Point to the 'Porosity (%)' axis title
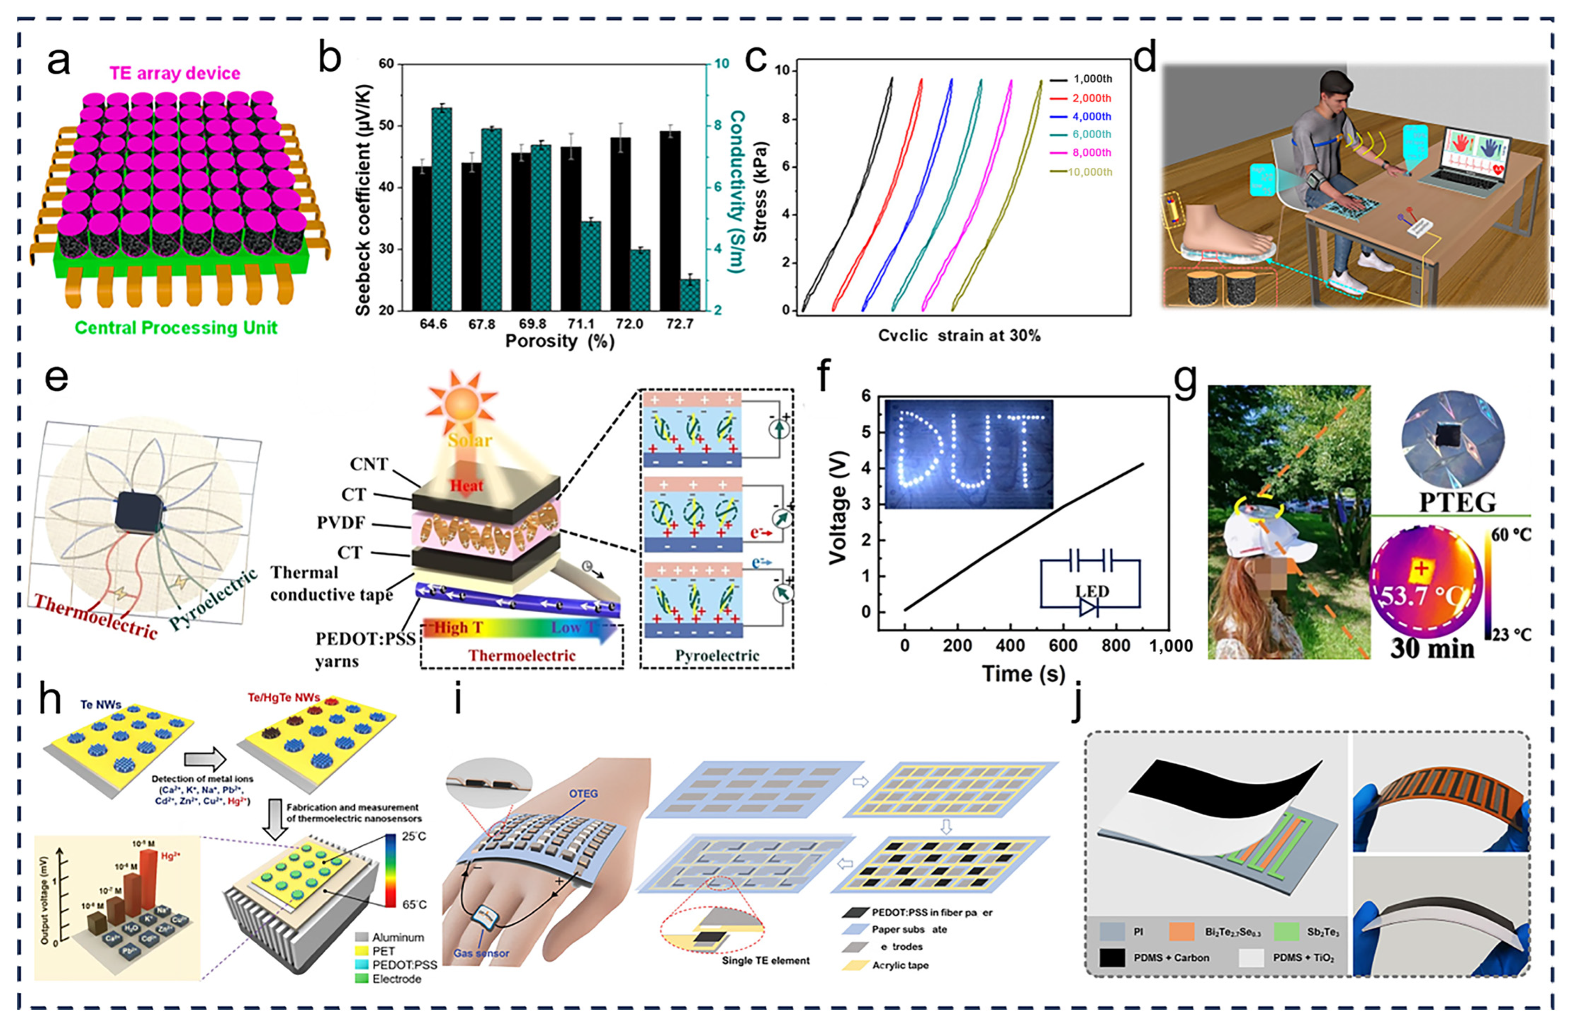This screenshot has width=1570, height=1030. (559, 342)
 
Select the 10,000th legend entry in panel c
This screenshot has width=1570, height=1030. (1092, 172)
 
